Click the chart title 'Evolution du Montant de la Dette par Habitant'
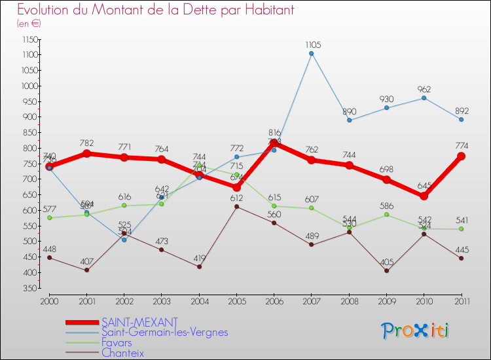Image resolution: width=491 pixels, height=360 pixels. click(155, 10)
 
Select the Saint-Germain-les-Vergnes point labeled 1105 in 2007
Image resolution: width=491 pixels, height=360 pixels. click(312, 54)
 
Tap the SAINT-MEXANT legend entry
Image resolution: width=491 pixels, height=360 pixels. click(139, 322)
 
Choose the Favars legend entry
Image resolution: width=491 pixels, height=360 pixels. click(117, 342)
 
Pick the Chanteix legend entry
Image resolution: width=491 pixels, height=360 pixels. click(122, 353)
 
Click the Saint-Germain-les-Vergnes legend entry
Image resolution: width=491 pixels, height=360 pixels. click(164, 332)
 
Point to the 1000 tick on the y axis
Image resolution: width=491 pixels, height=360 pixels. click(29, 86)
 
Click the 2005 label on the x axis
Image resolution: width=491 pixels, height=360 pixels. click(236, 301)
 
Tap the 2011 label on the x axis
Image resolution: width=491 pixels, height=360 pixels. click(461, 301)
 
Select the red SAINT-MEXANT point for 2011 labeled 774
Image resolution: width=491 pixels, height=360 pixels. click(462, 156)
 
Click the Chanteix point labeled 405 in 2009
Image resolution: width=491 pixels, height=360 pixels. click(386, 271)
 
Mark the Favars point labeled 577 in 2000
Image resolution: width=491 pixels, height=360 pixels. click(49, 217)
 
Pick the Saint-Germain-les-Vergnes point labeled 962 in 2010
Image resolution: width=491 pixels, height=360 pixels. click(424, 98)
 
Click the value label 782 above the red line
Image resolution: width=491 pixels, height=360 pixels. click(86, 143)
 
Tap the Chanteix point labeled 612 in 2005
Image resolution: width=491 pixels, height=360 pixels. click(236, 207)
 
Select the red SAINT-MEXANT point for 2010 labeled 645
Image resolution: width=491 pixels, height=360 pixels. click(424, 196)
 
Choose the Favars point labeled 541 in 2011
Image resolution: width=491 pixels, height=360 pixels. click(462, 228)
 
